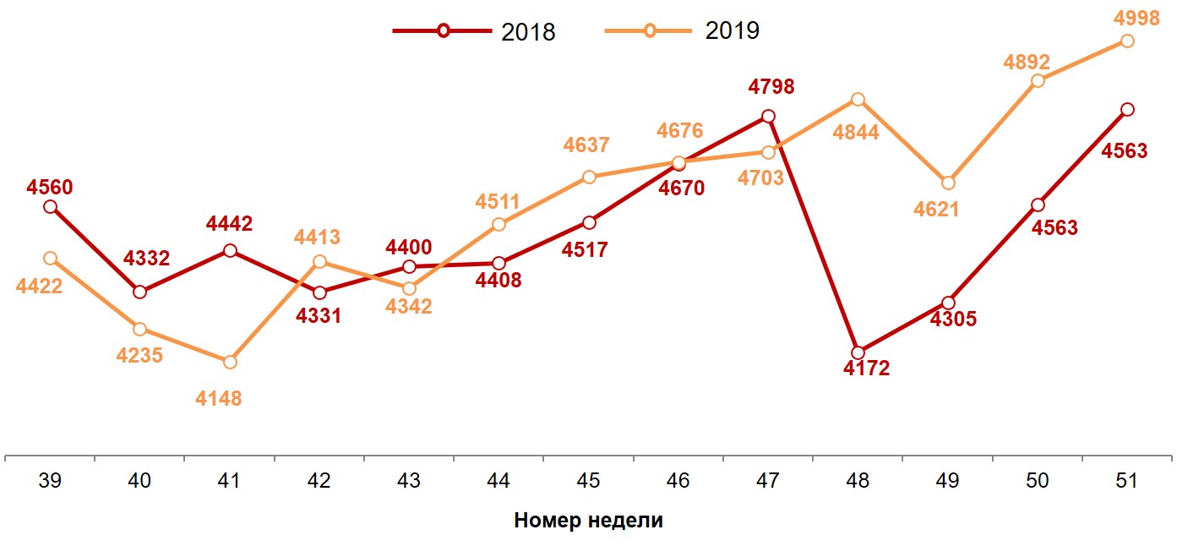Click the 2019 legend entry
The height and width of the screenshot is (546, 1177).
(684, 31)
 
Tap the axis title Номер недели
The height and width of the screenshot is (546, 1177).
(588, 521)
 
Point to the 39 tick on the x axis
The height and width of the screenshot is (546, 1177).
(50, 481)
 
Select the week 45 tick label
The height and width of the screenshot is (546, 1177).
(588, 481)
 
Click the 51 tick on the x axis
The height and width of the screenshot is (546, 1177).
(1126, 481)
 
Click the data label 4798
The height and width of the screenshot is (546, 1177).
(771, 86)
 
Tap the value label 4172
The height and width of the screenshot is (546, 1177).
(866, 369)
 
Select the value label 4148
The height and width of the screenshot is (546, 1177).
(219, 397)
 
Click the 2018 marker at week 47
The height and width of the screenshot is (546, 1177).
(768, 117)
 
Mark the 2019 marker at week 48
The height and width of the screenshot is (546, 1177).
(858, 100)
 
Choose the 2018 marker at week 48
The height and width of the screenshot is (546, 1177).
(858, 352)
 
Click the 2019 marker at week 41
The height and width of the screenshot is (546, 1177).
(229, 362)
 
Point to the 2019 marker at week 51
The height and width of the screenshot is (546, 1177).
(1126, 41)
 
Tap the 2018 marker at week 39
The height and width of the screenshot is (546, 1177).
(50, 206)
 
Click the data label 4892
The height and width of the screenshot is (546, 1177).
(1027, 62)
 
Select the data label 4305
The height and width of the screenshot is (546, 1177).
(953, 319)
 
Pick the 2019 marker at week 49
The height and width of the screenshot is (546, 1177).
(948, 183)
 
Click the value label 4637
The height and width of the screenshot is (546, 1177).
(586, 145)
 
